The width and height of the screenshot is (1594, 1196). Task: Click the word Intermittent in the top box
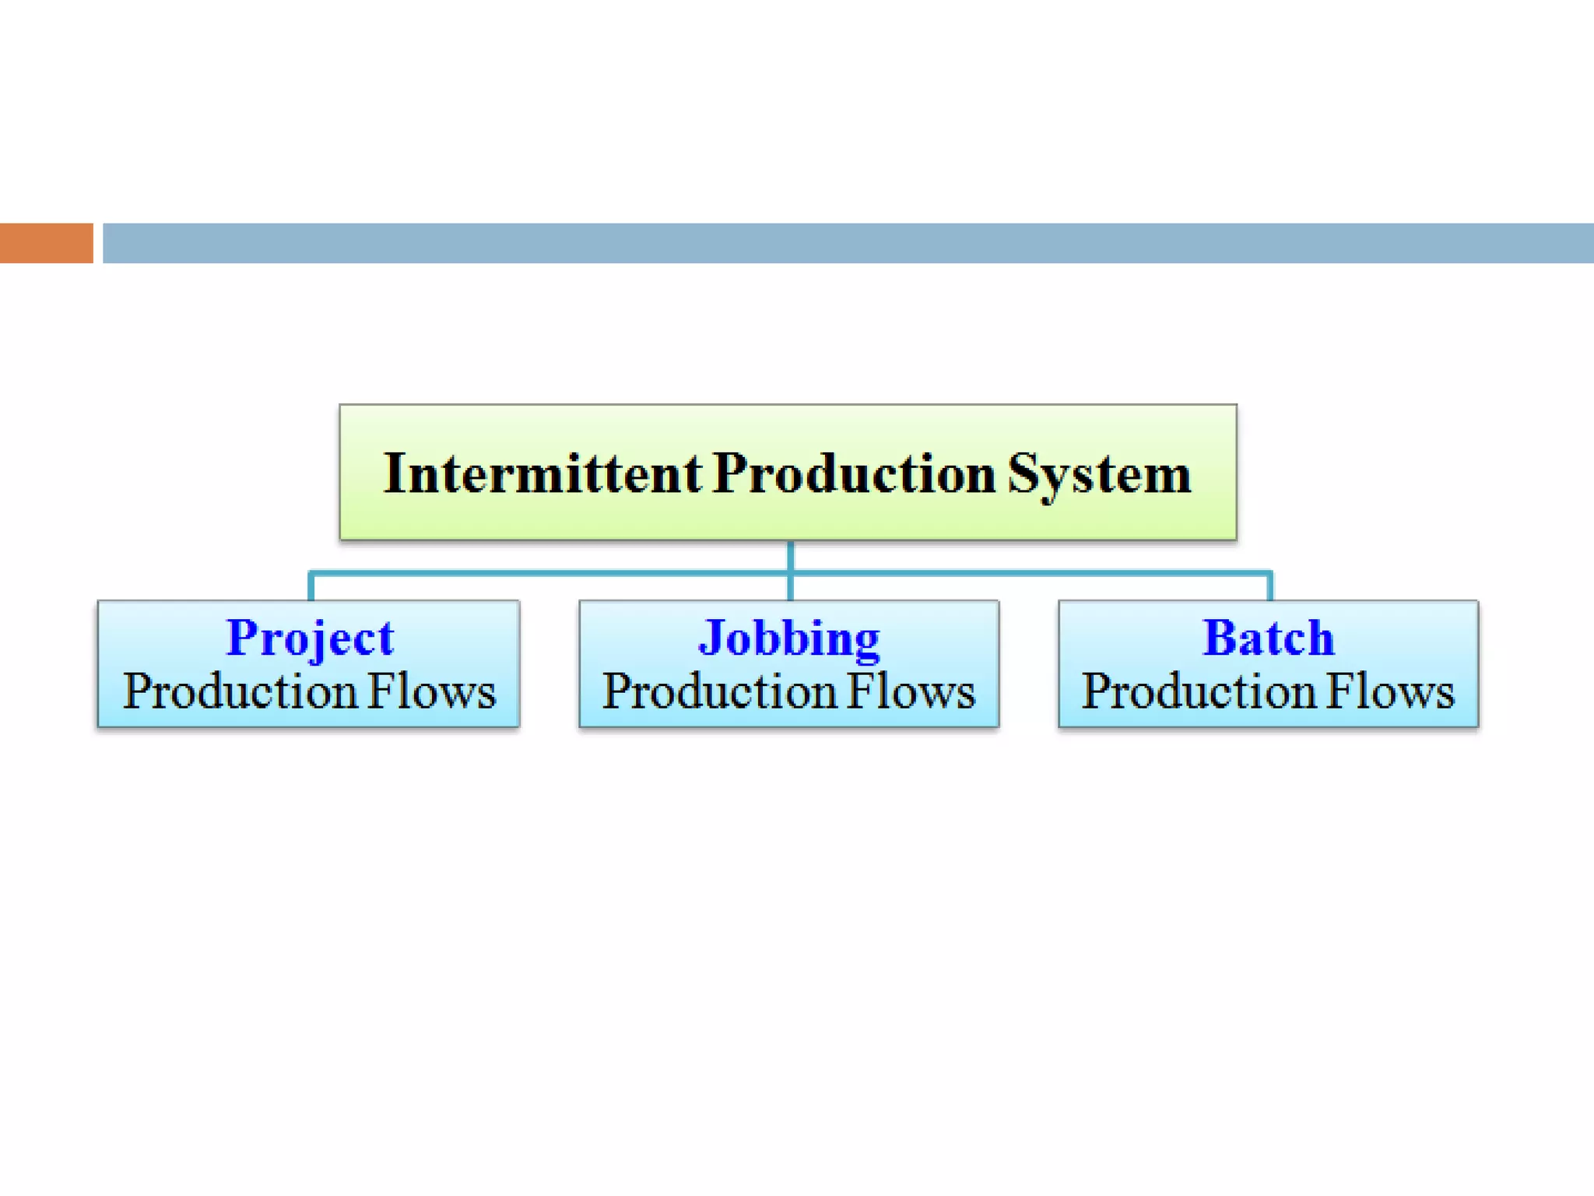(542, 473)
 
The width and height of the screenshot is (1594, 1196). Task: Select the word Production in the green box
(854, 473)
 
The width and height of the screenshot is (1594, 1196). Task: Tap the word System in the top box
(1099, 475)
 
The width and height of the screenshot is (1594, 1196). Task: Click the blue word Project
(310, 639)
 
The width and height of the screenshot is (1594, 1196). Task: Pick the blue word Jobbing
(789, 639)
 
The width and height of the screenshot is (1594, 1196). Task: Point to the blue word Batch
(1268, 638)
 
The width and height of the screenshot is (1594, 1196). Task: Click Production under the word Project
(240, 691)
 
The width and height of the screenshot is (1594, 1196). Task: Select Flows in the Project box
(431, 691)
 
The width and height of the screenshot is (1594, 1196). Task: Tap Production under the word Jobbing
(719, 691)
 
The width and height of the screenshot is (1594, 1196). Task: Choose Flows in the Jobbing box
(911, 691)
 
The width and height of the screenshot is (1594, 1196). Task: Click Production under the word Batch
(1199, 691)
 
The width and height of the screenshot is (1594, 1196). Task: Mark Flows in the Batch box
(1390, 691)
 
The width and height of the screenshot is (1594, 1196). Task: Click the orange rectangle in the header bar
(46, 243)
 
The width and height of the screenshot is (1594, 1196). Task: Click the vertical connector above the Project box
(311, 587)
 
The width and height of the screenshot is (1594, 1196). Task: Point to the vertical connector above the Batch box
(1270, 587)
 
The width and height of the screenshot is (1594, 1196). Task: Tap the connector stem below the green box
(791, 556)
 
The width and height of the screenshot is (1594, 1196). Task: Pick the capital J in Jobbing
(711, 638)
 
